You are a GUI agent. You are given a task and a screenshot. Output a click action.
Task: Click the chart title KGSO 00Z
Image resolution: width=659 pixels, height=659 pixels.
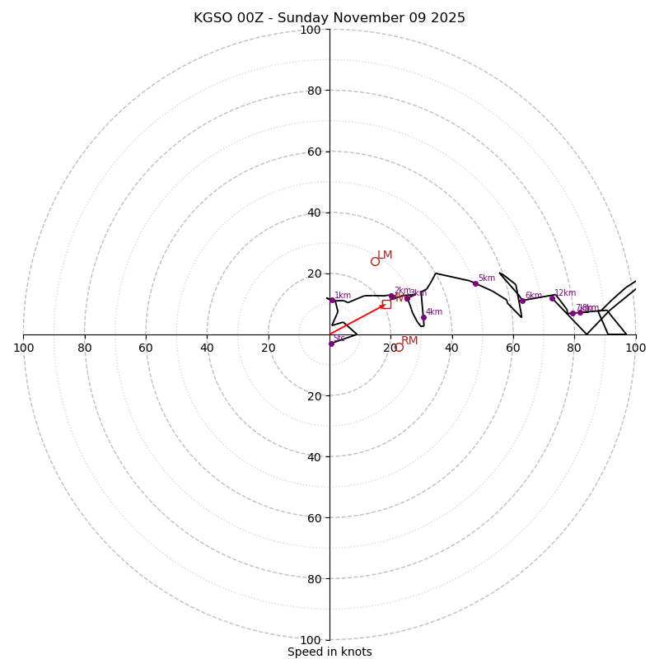pos(329,18)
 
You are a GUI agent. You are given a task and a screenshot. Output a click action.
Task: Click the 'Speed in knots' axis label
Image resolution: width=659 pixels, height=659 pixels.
pos(329,652)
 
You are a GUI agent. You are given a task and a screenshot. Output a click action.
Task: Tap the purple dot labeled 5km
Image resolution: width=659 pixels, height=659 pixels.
pos(475,283)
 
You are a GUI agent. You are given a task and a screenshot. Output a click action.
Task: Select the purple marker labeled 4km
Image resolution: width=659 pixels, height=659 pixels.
pos(423,317)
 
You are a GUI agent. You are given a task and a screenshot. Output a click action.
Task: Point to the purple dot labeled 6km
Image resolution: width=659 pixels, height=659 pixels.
pos(522,301)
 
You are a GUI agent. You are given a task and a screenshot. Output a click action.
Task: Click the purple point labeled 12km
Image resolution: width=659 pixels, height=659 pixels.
pos(552,298)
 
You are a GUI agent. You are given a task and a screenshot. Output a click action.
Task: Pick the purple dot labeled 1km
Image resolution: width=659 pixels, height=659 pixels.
pos(332,300)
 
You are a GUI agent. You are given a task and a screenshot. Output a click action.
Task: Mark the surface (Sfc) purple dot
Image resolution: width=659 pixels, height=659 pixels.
pos(331,344)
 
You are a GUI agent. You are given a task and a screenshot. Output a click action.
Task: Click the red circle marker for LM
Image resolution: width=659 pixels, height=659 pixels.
pos(375,261)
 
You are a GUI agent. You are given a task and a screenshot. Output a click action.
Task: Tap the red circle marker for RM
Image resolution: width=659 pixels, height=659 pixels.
pos(399,348)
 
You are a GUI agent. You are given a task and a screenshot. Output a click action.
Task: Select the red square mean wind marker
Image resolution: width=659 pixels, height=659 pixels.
pos(386,304)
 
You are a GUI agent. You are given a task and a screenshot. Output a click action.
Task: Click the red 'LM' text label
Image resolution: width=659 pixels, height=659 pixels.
pos(385,255)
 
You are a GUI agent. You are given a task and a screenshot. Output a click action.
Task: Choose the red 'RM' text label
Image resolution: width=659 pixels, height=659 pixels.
pos(409,341)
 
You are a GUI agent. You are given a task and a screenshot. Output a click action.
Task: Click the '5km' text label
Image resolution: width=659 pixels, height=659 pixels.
pos(487,278)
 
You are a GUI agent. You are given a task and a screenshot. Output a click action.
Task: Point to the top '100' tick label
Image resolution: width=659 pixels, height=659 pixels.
pos(311,30)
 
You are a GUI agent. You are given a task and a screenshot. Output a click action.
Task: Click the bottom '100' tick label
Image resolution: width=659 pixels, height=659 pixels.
pos(311,640)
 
